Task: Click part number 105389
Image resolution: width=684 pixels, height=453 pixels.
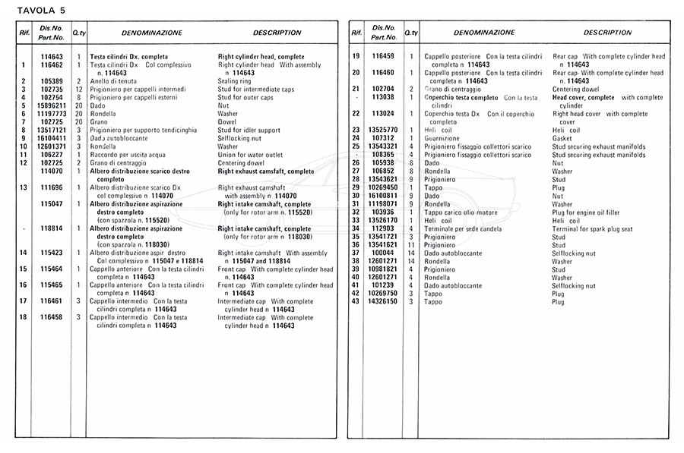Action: click(x=52, y=81)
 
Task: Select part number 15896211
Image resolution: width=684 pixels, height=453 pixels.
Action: click(x=52, y=105)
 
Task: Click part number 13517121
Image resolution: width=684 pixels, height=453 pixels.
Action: click(x=52, y=131)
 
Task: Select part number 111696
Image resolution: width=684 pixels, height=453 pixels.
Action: click(x=52, y=187)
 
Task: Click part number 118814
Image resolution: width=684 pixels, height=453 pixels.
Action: click(x=52, y=228)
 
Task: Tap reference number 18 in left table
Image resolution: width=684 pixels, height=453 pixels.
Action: click(x=24, y=317)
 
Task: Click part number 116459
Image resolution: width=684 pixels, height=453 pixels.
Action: click(x=384, y=57)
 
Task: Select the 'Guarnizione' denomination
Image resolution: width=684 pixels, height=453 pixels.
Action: click(x=443, y=138)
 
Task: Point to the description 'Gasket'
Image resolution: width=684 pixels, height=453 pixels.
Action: click(x=564, y=138)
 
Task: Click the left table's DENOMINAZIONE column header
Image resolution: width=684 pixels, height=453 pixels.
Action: click(x=151, y=33)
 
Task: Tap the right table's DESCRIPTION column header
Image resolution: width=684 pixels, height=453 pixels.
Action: click(x=607, y=33)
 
